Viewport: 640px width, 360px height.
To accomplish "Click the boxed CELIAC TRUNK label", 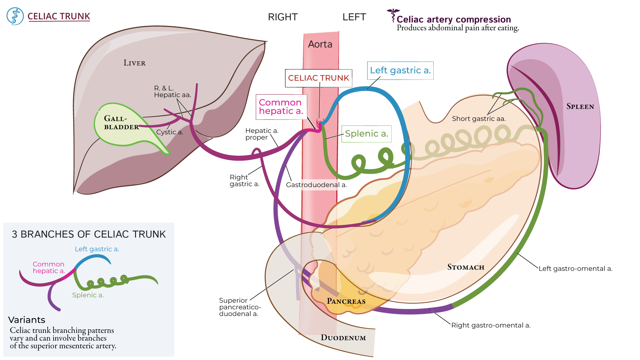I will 318,78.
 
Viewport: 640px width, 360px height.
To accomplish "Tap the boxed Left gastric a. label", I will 400,70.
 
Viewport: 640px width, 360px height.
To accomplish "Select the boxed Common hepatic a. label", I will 281,107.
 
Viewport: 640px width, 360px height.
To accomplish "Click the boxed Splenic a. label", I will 366,134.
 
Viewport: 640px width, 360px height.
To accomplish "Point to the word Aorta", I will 320,44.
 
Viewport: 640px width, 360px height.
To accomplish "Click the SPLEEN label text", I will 580,107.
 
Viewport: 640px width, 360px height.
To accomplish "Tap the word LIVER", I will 134,63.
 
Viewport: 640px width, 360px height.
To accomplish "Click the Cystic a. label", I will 170,132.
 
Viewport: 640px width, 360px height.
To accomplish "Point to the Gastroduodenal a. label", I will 316,185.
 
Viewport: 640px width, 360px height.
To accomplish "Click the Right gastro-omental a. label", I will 491,325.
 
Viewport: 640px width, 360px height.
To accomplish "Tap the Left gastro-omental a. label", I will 575,269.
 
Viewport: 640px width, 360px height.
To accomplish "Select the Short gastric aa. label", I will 479,119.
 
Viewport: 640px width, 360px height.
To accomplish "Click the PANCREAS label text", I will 346,301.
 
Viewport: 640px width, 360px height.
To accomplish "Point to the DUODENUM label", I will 343,338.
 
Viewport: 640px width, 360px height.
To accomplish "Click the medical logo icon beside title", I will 15,16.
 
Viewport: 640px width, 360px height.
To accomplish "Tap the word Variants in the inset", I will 27,320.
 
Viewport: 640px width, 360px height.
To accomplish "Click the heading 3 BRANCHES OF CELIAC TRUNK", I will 89,234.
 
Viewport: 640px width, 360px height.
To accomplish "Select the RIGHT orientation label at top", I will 283,17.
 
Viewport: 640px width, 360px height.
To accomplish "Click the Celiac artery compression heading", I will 453,19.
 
